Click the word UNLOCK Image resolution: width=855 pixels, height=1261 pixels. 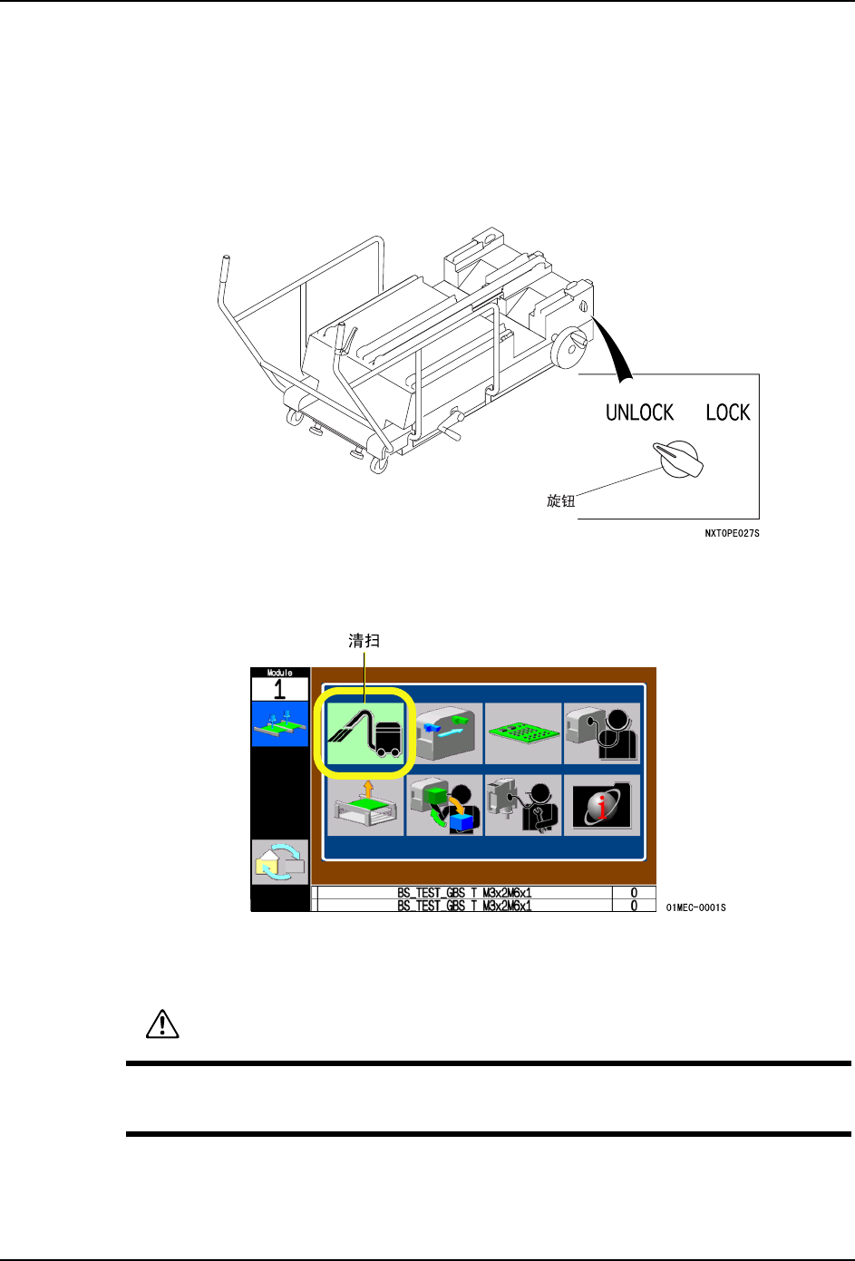click(639, 412)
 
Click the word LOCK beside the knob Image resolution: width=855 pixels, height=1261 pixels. click(728, 412)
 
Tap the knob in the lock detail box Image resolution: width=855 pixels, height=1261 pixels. click(678, 459)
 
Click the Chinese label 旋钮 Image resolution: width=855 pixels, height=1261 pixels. click(560, 500)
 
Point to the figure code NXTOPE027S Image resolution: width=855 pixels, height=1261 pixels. click(732, 533)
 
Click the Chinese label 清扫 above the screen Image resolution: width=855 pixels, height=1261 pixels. click(364, 641)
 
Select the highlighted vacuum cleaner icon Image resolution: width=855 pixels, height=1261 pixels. click(365, 733)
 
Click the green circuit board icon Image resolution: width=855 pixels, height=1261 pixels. click(523, 733)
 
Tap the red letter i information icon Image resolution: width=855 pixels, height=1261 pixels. click(602, 805)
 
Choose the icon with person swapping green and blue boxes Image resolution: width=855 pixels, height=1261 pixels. click(444, 805)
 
